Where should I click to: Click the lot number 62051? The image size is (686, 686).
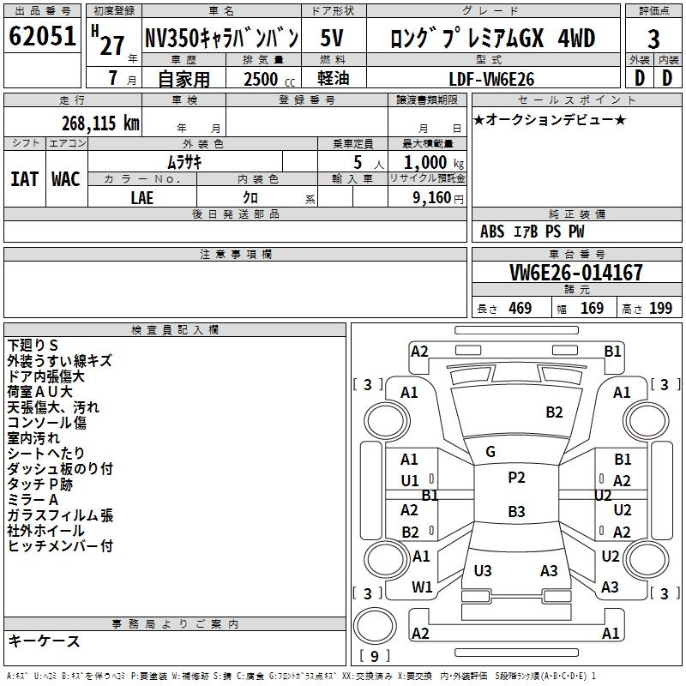pyautogui.click(x=42, y=36)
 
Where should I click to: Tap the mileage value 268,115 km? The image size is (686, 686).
pyautogui.click(x=100, y=123)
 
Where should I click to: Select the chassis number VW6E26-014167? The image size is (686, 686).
pyautogui.click(x=576, y=273)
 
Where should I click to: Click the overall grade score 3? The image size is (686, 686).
pyautogui.click(x=653, y=39)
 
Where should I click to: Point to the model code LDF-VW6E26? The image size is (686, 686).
pyautogui.click(x=491, y=79)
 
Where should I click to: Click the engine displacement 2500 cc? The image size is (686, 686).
pyautogui.click(x=269, y=79)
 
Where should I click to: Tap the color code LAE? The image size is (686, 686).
pyautogui.click(x=142, y=198)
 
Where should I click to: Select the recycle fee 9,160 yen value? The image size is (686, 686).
pyautogui.click(x=438, y=198)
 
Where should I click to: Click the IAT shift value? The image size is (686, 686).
pyautogui.click(x=25, y=179)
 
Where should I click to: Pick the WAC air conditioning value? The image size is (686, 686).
pyautogui.click(x=66, y=179)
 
